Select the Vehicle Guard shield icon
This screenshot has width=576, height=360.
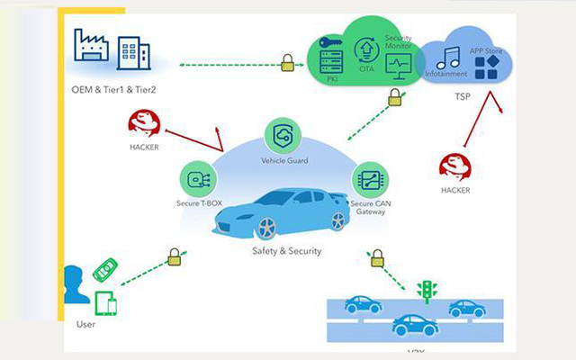(284, 135)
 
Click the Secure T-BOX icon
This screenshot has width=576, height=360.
(195, 177)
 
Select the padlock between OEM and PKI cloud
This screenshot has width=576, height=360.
(287, 63)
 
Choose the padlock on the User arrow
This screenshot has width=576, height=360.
(175, 258)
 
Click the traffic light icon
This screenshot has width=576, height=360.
(427, 290)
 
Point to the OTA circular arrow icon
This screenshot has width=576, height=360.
(366, 49)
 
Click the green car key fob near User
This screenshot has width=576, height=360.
(106, 269)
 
